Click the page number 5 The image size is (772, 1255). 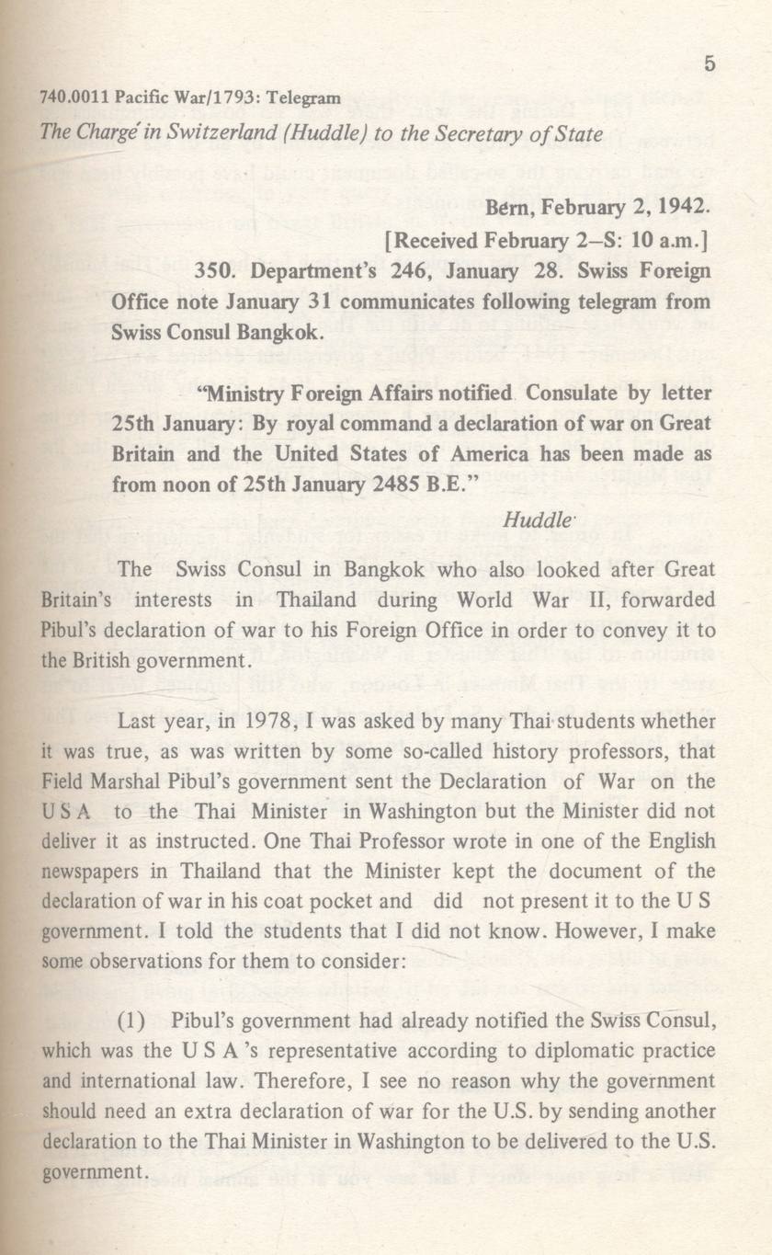[x=709, y=63]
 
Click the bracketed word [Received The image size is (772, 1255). [x=432, y=241]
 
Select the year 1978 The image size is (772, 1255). [x=267, y=724]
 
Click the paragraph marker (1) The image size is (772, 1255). [x=136, y=1021]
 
